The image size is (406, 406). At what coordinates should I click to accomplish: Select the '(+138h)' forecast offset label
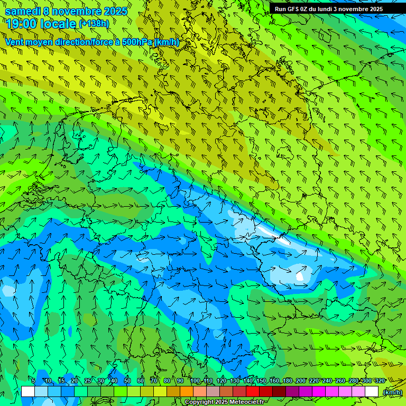pos(94,24)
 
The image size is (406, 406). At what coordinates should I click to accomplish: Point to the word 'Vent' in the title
pos(15,42)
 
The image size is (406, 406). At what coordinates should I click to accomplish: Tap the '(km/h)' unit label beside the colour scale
pos(392,392)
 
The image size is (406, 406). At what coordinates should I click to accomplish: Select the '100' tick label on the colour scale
pos(195,381)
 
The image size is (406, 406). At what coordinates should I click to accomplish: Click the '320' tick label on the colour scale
pos(380,381)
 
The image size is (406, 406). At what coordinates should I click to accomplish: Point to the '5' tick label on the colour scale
pos(33,381)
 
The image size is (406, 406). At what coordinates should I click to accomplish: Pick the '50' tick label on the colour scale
pos(127,381)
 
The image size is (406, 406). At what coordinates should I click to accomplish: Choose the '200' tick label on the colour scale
pos(300,381)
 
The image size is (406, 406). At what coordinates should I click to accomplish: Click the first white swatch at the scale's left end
pos(28,392)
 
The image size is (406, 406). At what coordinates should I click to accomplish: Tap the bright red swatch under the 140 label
pos(253,392)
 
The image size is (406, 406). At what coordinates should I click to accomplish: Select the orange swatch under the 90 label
pos(187,392)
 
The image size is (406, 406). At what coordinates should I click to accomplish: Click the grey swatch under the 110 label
pos(213,392)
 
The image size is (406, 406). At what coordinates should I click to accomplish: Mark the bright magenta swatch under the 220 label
pos(319,392)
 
